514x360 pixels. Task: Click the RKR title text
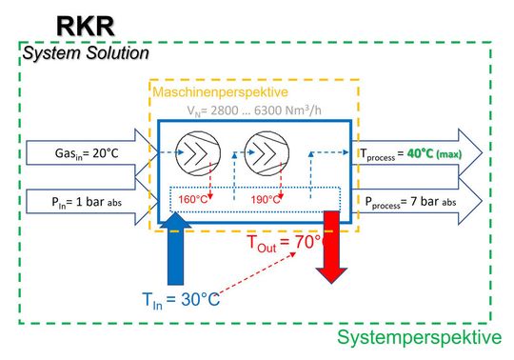point(85,25)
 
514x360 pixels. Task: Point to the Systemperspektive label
point(419,338)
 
